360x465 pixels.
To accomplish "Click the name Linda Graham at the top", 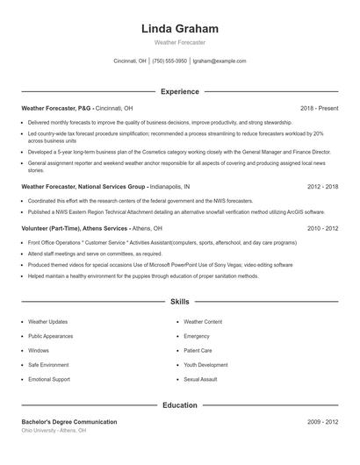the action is (x=179, y=29).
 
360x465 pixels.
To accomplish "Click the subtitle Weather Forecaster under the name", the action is (x=179, y=42).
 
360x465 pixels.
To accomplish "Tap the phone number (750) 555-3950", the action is (x=169, y=61).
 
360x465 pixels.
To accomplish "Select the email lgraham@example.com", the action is (x=220, y=61).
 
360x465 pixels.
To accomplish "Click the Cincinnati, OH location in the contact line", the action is (x=130, y=61).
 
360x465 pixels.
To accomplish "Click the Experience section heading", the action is (x=179, y=91).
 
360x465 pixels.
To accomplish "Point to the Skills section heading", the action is (x=179, y=301).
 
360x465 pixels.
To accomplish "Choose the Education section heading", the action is (x=179, y=405).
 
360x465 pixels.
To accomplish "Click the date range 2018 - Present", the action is (x=319, y=108).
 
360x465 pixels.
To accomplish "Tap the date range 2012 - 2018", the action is (x=322, y=187).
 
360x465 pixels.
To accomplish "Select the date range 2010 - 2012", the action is (x=322, y=227).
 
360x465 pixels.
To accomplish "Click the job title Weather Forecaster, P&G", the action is (x=55, y=108).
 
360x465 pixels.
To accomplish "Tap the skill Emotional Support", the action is (x=49, y=378).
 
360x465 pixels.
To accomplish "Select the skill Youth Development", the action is (x=205, y=364).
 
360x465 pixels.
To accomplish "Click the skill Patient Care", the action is (x=198, y=350).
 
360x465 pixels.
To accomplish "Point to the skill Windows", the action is (x=39, y=350).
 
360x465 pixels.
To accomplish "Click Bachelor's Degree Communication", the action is (x=68, y=422).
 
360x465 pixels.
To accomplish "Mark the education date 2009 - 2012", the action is (x=322, y=422).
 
